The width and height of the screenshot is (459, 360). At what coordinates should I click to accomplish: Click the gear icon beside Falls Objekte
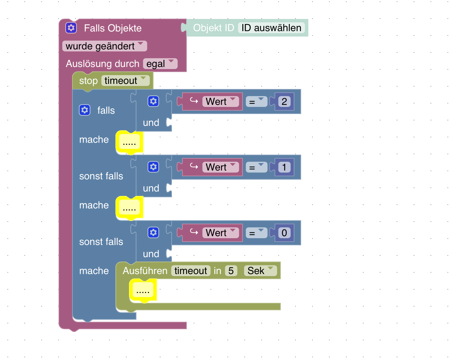71,28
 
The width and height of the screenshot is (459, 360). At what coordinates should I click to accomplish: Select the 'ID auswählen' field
271,28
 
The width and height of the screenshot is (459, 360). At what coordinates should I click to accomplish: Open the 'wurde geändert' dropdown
105,46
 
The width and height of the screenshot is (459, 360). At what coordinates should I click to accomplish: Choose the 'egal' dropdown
160,64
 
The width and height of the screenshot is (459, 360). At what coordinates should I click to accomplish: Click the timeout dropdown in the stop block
125,81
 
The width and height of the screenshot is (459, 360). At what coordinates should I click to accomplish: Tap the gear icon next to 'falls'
85,110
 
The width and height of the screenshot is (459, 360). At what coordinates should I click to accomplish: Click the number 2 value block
284,102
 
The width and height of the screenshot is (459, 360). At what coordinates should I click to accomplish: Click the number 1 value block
284,167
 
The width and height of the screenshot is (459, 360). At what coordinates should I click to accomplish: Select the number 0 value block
284,233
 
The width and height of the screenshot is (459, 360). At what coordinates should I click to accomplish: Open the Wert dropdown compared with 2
220,102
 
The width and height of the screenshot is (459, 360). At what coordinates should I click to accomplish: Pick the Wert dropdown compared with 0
220,233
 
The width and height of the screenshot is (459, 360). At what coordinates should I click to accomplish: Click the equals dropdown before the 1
257,167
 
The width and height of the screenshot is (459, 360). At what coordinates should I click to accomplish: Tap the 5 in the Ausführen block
231,271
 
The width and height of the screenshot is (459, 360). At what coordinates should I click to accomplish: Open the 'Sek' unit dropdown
260,271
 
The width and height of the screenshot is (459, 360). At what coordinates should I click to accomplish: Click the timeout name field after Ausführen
191,271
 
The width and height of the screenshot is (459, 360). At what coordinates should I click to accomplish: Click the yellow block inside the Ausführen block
143,291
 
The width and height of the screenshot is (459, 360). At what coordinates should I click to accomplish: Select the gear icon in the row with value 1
153,167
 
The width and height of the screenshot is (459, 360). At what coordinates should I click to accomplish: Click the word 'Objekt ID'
214,28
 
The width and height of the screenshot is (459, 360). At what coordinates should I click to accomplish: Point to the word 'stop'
88,81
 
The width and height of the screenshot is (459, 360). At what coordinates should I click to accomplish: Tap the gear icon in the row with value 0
153,233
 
